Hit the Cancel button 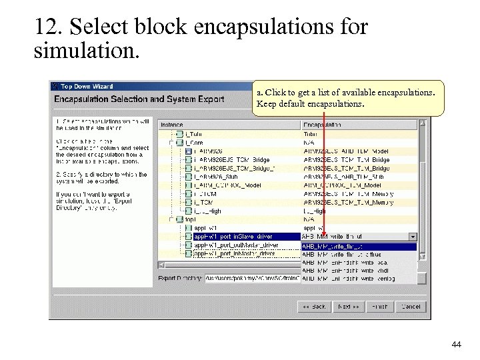coord(411,307)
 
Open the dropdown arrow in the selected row coord(413,236)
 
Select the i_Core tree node coord(195,143)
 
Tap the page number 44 coord(456,344)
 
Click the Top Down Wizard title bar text coord(87,86)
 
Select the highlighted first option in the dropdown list coord(359,245)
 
